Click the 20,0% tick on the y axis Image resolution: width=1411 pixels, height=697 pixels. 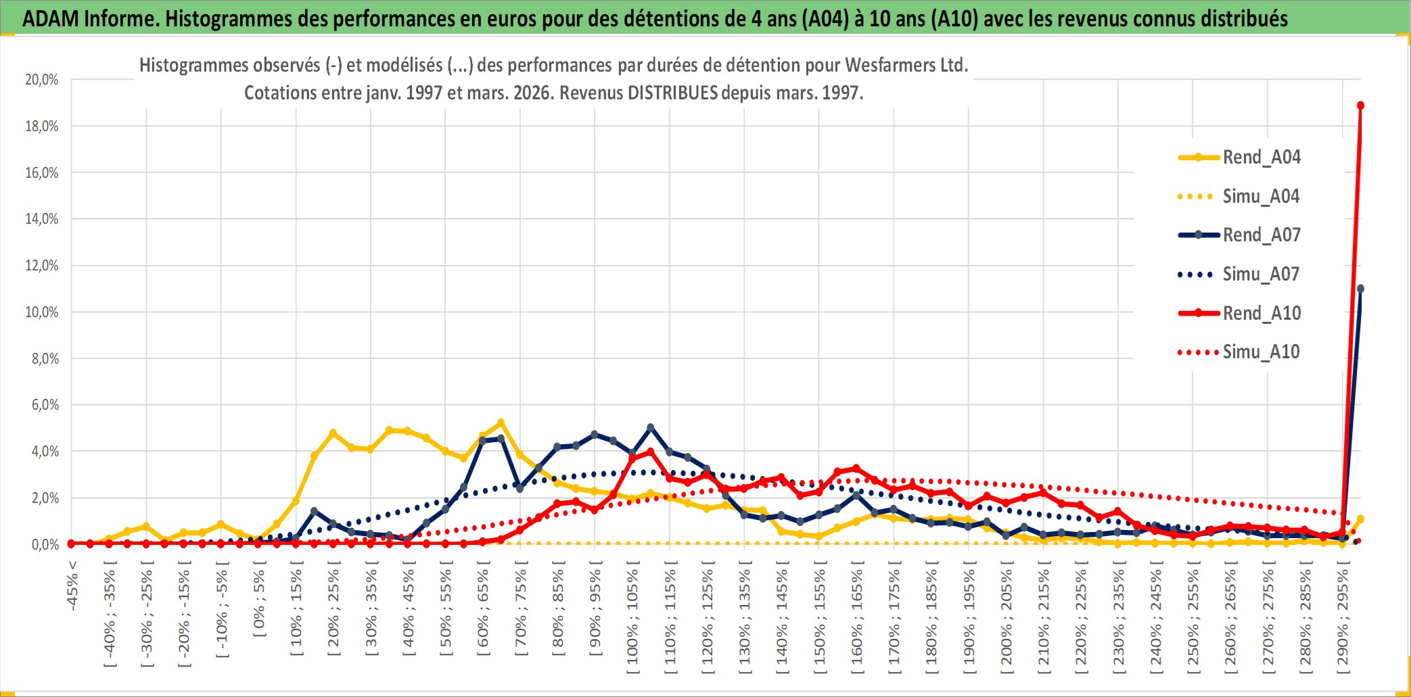pyautogui.click(x=42, y=80)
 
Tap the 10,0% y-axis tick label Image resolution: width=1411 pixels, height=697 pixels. pyautogui.click(x=42, y=312)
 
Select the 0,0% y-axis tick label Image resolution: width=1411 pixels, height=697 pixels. pyautogui.click(x=45, y=545)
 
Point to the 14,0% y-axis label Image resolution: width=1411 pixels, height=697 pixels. pyautogui.click(x=42, y=219)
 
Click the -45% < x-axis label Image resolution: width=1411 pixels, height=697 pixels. pyautogui.click(x=72, y=585)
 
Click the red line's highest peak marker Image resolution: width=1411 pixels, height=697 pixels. pyautogui.click(x=1360, y=105)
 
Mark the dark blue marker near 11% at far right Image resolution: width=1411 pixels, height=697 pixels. pyautogui.click(x=1360, y=289)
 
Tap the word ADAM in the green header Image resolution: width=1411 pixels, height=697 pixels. pyautogui.click(x=51, y=18)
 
